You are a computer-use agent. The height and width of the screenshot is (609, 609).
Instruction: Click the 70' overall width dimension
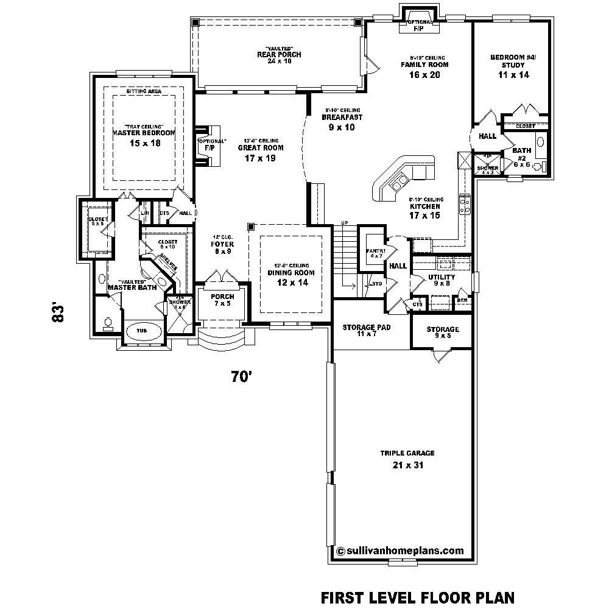pos(241,377)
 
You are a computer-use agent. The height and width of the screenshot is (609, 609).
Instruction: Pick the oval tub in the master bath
pos(142,331)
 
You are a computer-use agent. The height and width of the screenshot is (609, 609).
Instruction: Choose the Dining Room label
pos(291,273)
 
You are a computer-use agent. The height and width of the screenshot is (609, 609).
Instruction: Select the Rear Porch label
pos(279,55)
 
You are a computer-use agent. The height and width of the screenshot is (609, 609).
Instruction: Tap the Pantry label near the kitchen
pos(372,250)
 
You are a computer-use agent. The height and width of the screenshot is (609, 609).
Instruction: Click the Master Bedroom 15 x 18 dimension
pos(143,143)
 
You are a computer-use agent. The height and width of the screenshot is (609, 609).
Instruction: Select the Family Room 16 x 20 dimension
pos(424,75)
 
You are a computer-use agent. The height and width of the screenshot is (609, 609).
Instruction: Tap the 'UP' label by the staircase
pos(344,222)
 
